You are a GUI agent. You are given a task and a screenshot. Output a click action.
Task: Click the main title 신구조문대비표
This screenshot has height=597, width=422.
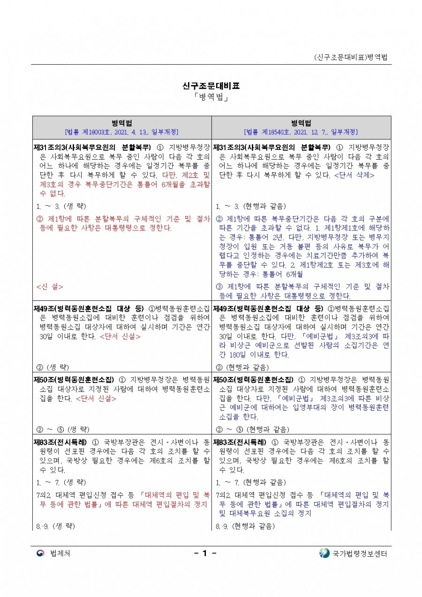tap(211, 86)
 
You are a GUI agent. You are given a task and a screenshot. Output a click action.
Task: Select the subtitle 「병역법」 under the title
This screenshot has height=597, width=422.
tap(211, 98)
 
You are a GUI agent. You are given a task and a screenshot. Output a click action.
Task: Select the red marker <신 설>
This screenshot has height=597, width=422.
tap(50, 287)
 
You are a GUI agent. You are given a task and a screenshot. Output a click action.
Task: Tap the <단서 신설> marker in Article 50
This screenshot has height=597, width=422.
tap(96, 399)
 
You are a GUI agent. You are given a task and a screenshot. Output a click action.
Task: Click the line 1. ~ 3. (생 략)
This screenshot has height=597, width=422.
tap(61, 206)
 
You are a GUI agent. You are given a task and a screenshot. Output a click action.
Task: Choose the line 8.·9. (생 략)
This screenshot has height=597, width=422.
tap(55, 526)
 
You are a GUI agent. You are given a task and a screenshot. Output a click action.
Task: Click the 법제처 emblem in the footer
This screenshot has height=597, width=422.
tap(40, 553)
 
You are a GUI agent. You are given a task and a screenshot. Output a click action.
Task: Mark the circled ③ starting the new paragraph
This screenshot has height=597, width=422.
tap(219, 287)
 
